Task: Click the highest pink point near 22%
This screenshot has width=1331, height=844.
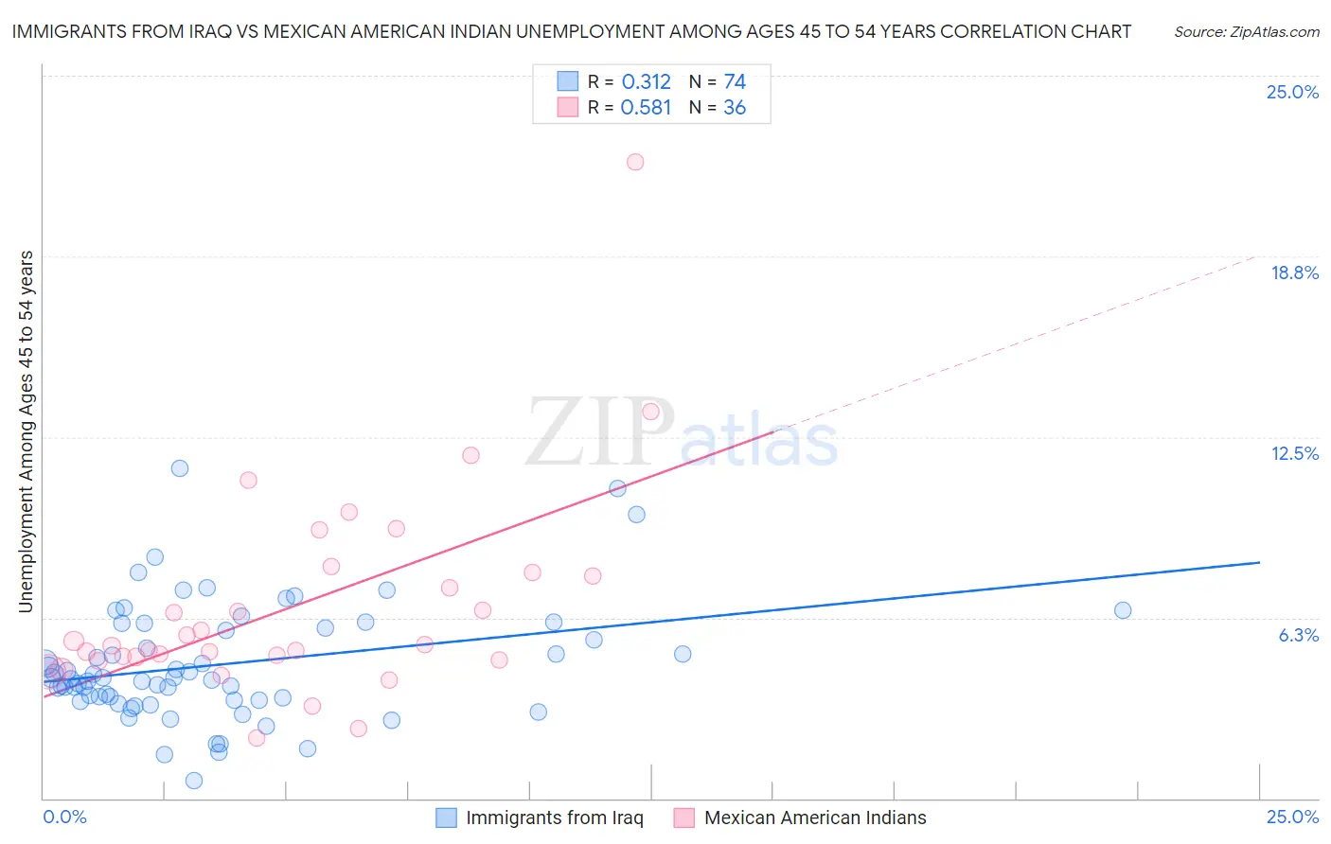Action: pyautogui.click(x=635, y=162)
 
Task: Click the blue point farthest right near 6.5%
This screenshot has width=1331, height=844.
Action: pyautogui.click(x=1123, y=610)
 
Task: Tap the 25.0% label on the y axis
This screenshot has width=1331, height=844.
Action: pyautogui.click(x=1292, y=92)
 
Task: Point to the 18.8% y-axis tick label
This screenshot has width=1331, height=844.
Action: pyautogui.click(x=1294, y=273)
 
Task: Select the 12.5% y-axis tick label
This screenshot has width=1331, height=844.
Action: pyautogui.click(x=1294, y=453)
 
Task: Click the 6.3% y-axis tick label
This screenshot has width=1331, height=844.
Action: pyautogui.click(x=1298, y=635)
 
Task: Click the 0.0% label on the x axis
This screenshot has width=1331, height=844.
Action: pyautogui.click(x=64, y=818)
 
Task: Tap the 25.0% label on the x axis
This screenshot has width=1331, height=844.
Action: pyautogui.click(x=1292, y=818)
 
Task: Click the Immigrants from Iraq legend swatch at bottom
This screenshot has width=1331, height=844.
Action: pyautogui.click(x=446, y=818)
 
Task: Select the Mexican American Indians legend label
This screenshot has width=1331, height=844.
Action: pyautogui.click(x=815, y=818)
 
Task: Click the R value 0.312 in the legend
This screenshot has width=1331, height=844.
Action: pyautogui.click(x=646, y=82)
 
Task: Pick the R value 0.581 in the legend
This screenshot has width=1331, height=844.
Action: pyautogui.click(x=646, y=108)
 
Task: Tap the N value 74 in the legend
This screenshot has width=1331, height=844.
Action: pyautogui.click(x=735, y=82)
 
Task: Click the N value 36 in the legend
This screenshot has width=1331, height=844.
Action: pyautogui.click(x=735, y=108)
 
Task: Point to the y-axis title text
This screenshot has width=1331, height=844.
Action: pyautogui.click(x=27, y=431)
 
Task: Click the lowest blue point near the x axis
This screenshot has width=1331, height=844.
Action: pyautogui.click(x=194, y=781)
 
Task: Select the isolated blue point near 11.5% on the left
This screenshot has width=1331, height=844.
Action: pyautogui.click(x=180, y=468)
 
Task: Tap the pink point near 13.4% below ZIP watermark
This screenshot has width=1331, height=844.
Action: pyautogui.click(x=650, y=412)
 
